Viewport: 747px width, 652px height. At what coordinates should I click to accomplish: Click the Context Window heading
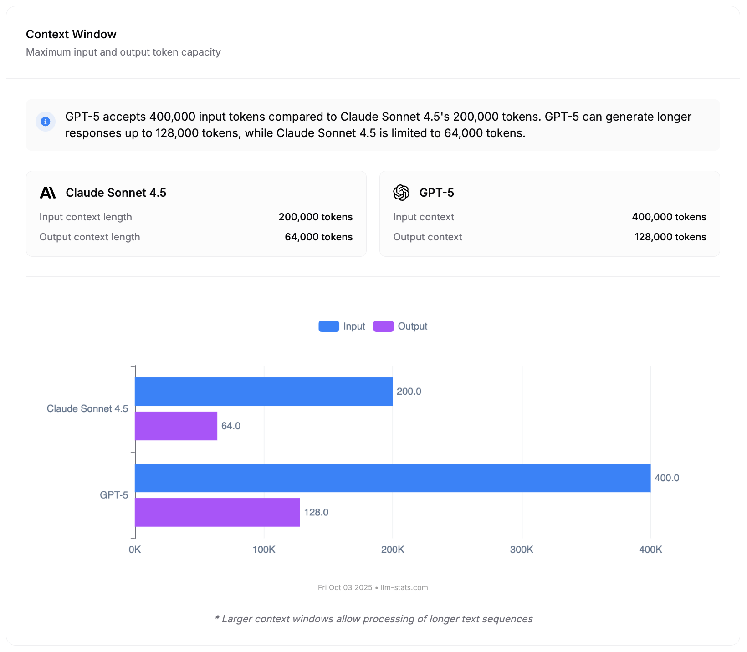coord(71,34)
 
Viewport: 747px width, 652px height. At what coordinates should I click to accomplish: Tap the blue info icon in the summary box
coord(46,122)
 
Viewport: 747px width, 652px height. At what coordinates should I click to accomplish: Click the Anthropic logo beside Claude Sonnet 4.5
coord(48,193)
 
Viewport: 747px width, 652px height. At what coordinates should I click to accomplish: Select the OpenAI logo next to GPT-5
coord(401,193)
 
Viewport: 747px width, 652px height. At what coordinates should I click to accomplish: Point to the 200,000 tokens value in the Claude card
coord(315,217)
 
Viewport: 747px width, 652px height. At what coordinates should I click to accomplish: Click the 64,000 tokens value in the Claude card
coord(318,237)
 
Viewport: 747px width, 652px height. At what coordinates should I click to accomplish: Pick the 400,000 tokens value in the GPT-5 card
coord(669,217)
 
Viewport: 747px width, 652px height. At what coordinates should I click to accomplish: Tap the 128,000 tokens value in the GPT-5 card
coord(670,237)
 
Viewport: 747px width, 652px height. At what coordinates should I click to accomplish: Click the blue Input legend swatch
coord(328,326)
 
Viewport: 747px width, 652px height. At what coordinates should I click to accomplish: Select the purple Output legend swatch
coord(383,326)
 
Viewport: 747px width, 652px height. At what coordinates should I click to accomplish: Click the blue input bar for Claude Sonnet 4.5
coord(264,392)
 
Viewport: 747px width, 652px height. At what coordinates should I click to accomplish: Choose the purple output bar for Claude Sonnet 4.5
coord(176,426)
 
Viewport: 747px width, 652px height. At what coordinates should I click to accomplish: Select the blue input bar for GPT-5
coord(393,478)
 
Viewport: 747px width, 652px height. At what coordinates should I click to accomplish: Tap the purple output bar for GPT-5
coord(217,513)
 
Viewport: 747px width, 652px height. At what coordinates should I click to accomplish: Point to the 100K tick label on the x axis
coord(264,550)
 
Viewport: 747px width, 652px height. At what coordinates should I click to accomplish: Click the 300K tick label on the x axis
coord(522,550)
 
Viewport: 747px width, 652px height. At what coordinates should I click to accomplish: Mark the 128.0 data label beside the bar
coord(316,513)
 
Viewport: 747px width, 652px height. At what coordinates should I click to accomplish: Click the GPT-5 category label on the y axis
coord(114,495)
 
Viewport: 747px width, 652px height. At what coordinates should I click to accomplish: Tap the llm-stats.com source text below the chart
coord(404,587)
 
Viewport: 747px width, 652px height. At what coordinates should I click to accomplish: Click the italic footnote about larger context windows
coord(373,619)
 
